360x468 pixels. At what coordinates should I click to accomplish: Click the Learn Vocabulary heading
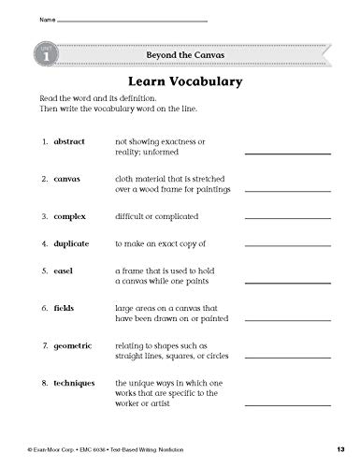[x=180, y=80]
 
